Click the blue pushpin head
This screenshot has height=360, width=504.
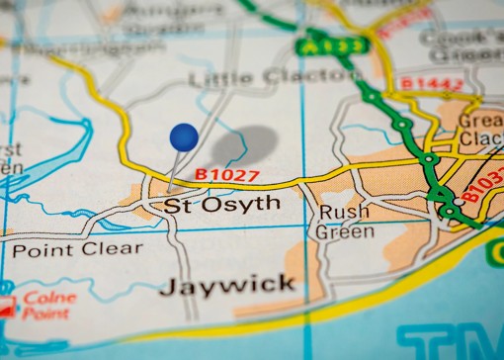(184, 137)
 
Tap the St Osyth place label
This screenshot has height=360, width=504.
(221, 205)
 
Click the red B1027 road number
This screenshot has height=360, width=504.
(226, 175)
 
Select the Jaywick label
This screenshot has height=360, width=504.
(227, 286)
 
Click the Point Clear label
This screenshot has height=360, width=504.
(77, 249)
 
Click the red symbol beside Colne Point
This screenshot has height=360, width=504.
(8, 306)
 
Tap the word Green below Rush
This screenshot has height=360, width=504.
(344, 232)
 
